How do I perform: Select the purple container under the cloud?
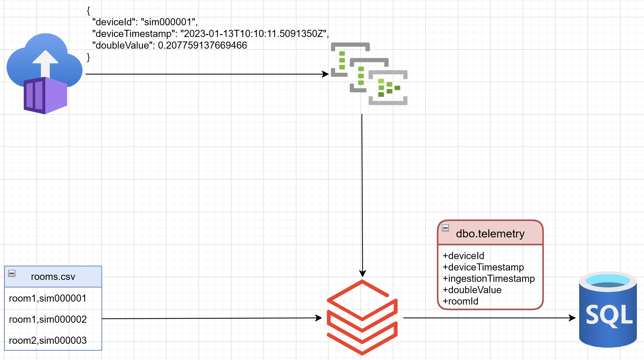coord(45,95)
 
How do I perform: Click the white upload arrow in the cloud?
coord(45,63)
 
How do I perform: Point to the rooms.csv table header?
coord(53,277)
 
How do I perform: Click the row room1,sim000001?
coord(48,298)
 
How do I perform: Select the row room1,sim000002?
coord(48,319)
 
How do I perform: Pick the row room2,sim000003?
coord(48,341)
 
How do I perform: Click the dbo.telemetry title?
coord(490,234)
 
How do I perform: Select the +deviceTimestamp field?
coord(483,267)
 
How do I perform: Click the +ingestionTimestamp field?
coord(489,279)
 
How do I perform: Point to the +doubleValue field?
coord(472,290)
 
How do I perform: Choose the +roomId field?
coord(460,301)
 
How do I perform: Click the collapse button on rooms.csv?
coord(12,273)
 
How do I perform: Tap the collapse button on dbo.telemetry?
coord(445,228)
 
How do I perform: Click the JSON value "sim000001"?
coord(168,22)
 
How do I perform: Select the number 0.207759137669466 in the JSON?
coord(202,45)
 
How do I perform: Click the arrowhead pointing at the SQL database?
coord(572,318)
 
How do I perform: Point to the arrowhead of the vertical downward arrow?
coord(363,273)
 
